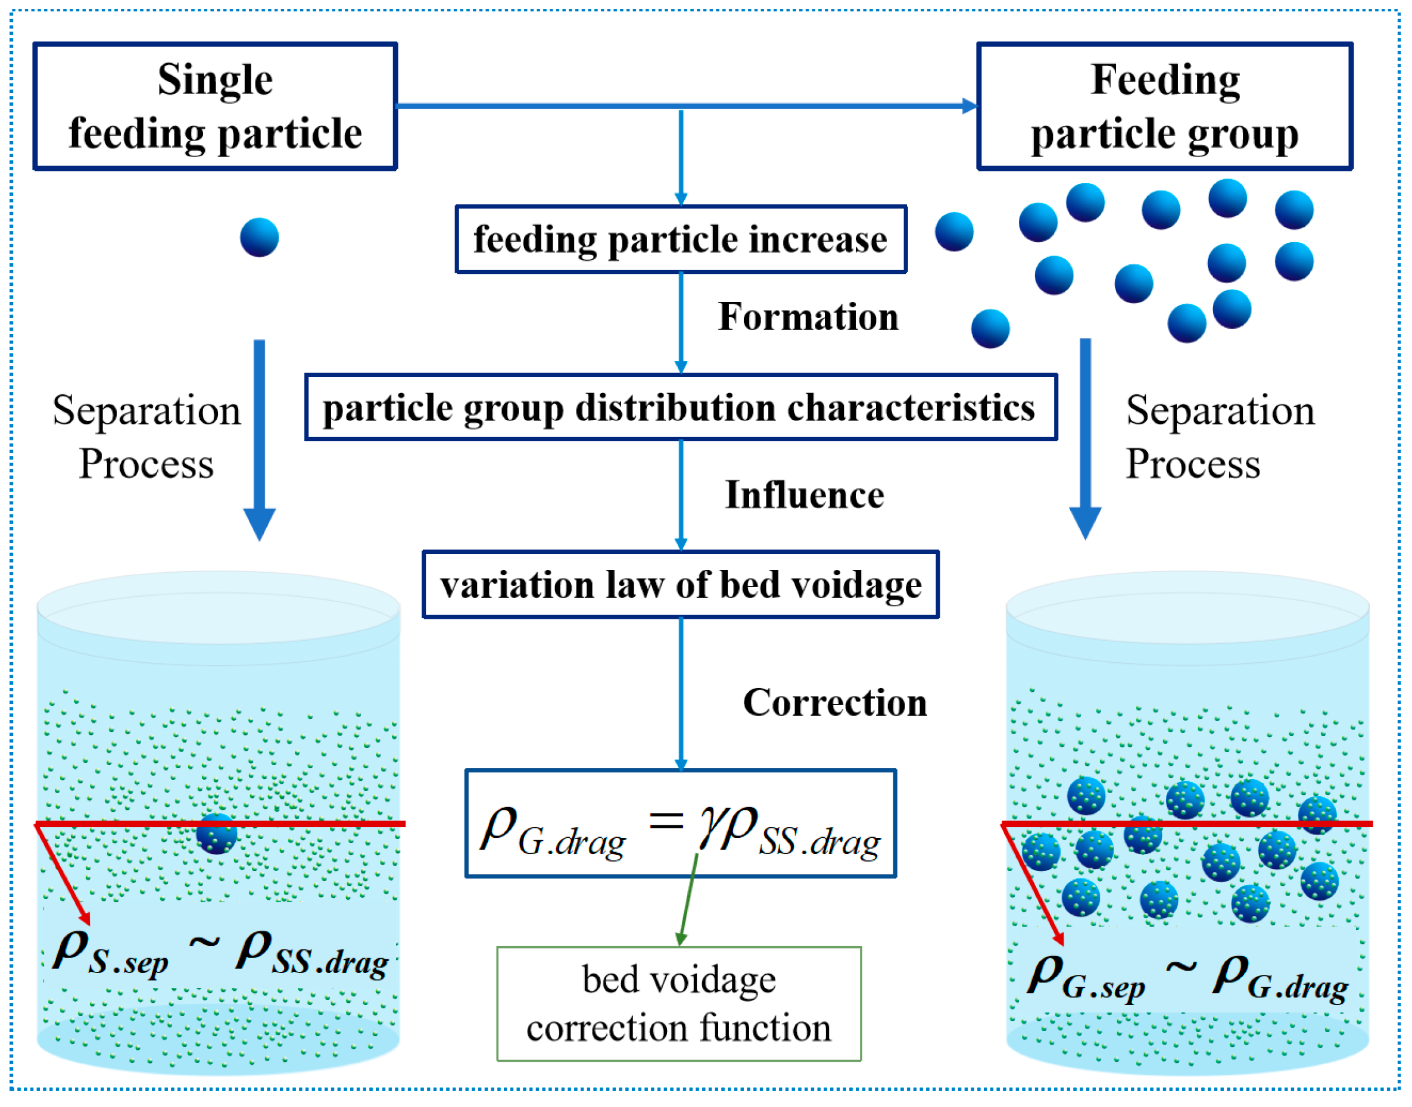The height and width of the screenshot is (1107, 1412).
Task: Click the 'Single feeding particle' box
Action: coord(215,106)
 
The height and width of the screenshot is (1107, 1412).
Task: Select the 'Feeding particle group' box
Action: coord(1164,106)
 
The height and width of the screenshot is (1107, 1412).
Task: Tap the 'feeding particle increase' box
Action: coord(681,239)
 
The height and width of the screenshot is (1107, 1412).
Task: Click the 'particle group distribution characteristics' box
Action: coord(681,407)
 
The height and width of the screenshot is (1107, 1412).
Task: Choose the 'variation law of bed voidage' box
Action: coord(681,584)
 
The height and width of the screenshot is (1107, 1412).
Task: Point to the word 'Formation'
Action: coord(808,317)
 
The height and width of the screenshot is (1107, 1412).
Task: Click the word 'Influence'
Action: coord(804,495)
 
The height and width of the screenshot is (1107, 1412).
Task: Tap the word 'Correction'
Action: coord(834,703)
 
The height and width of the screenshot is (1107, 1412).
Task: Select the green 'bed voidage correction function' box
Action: coord(678,1003)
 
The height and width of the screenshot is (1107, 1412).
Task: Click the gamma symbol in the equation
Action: coord(707,828)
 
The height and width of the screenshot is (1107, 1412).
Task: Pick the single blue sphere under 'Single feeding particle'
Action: coord(259,237)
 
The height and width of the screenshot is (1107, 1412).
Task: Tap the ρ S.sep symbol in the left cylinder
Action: coord(110,954)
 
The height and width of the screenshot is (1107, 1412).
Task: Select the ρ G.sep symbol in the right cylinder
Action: coord(1086,978)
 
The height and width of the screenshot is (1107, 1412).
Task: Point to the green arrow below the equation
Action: coord(687,901)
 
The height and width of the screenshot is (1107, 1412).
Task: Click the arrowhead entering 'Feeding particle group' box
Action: coord(970,105)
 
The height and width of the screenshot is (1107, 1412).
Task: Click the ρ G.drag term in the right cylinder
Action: coord(1280,978)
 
